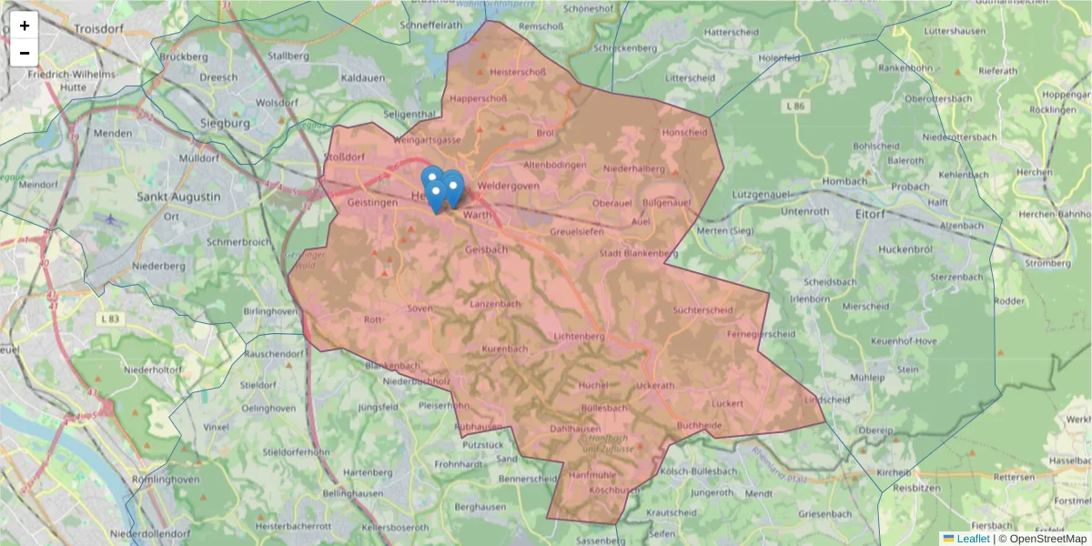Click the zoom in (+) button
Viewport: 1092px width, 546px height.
[x=25, y=25]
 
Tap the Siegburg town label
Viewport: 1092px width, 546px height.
[x=224, y=122]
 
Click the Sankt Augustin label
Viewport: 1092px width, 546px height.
[x=178, y=197]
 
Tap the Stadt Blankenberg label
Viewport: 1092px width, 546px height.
[x=638, y=253]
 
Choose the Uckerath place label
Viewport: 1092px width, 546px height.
[x=656, y=385]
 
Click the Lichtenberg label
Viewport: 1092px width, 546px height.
[x=579, y=337]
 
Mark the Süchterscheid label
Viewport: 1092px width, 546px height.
[x=702, y=310]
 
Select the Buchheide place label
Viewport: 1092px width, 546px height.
[x=699, y=425]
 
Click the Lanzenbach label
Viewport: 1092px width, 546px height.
[x=494, y=303]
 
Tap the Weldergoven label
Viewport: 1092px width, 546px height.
[x=508, y=186]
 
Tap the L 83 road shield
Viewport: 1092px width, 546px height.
[x=111, y=318]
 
